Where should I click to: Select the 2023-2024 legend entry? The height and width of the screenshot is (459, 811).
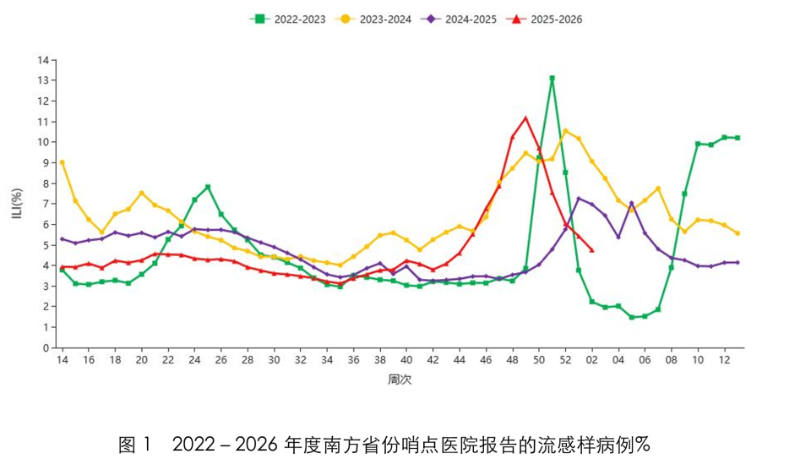click(373, 19)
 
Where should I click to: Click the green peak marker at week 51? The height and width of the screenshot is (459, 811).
click(552, 79)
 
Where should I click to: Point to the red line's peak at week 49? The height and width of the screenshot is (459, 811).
click(525, 118)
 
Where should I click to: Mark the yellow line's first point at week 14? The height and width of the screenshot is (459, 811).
click(62, 162)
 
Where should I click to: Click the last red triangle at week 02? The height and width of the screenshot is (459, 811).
click(591, 250)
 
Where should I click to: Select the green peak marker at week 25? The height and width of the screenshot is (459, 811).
click(208, 187)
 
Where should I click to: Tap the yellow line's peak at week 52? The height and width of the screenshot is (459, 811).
click(565, 131)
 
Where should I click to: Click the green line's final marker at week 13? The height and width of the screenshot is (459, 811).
click(738, 138)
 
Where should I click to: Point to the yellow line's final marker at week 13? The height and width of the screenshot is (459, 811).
click(738, 233)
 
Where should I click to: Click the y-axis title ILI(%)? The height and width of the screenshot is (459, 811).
click(16, 204)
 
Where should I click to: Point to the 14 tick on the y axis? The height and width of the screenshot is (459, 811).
click(42, 60)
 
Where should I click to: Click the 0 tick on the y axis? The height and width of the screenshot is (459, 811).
click(45, 347)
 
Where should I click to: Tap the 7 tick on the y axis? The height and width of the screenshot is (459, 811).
click(45, 204)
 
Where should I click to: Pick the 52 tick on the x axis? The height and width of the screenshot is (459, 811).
click(565, 360)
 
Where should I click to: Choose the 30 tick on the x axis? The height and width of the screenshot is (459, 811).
click(274, 360)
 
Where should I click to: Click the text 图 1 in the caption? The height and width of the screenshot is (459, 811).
click(134, 444)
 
